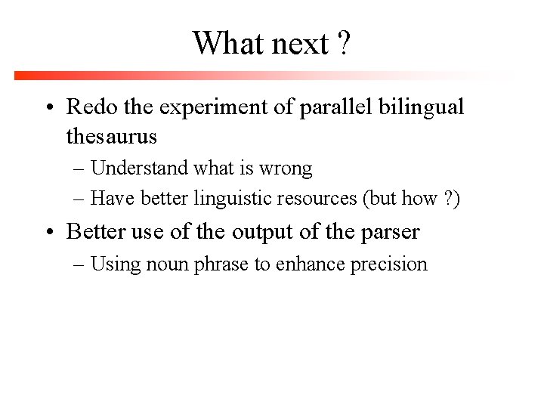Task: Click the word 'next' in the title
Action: (x=300, y=44)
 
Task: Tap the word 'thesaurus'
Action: (x=112, y=136)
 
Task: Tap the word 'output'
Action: (x=262, y=232)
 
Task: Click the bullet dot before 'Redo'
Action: (x=48, y=108)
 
